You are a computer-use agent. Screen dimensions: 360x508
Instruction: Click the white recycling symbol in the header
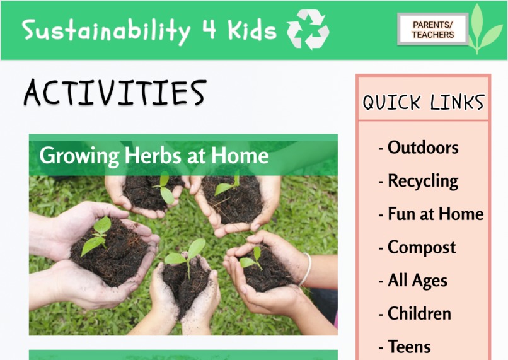308,30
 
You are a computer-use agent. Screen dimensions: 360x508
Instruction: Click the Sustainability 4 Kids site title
149,30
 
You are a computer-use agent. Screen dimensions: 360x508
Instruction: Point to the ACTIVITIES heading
115,93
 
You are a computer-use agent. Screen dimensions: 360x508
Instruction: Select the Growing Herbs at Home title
154,155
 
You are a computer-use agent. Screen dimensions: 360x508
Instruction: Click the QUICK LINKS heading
423,102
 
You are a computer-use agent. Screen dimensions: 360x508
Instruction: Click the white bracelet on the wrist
306,269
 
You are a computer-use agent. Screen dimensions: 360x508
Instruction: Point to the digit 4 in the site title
209,30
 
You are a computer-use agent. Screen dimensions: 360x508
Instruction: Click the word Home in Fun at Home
459,214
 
